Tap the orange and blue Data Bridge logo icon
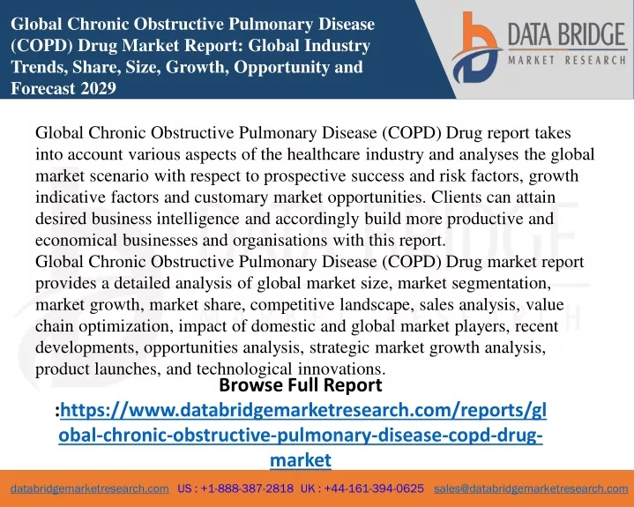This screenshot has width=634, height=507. [476, 48]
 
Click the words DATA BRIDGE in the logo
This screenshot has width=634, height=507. [566, 34]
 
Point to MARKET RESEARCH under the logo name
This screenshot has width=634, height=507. [567, 61]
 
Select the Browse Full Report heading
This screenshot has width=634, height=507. [301, 385]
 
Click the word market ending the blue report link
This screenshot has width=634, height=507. [301, 460]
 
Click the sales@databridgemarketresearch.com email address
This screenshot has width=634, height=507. [531, 488]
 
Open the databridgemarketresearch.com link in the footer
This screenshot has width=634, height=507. [90, 488]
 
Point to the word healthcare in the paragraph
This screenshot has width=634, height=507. [324, 154]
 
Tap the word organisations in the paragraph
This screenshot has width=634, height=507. [280, 241]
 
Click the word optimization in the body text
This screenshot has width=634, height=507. [126, 326]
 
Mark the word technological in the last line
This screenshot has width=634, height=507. [244, 369]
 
